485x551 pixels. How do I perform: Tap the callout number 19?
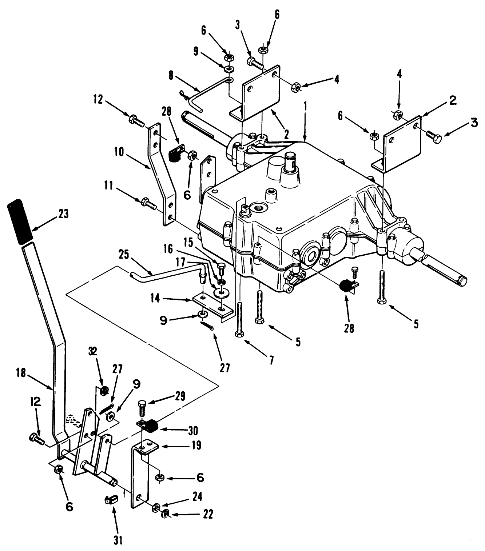(x=196, y=446)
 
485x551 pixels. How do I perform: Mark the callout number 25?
(x=124, y=254)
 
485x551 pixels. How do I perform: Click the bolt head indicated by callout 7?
(x=239, y=334)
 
